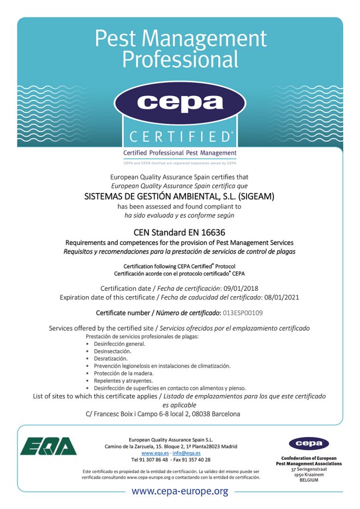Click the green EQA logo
pos(49,446)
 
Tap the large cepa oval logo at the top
pos(179,103)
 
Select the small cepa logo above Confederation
pos(309,443)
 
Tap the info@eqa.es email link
pos(187,453)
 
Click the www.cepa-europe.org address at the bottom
pos(179,492)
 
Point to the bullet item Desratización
pos(111,358)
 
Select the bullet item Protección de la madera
pos(120,373)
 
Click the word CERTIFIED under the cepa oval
pos(179,136)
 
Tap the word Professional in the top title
pos(179,58)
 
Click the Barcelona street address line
pos(163,414)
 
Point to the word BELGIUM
pos(309,480)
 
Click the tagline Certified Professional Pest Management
pos(179,153)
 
